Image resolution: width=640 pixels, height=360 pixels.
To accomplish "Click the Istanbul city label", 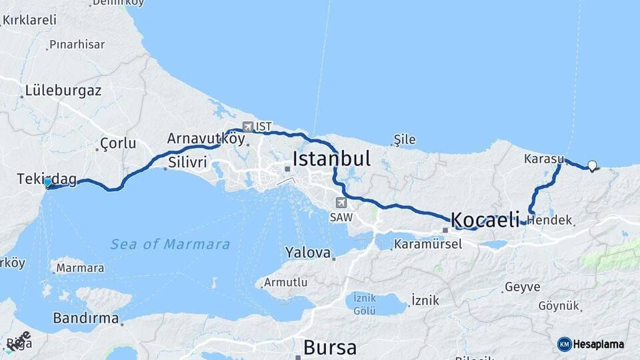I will click(x=331, y=159).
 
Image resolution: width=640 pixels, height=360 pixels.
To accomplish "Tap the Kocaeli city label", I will click(x=485, y=219).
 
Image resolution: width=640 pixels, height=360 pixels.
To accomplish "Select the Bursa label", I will click(x=329, y=347).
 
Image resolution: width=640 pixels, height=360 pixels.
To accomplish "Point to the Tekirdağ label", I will click(x=48, y=179).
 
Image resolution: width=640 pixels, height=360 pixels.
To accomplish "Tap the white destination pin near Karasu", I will click(x=591, y=166).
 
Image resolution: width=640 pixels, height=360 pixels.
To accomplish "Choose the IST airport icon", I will click(x=248, y=126).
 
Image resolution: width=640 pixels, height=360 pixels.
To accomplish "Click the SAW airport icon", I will click(x=341, y=203).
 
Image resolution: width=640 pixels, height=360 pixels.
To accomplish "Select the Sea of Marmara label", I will click(x=170, y=244).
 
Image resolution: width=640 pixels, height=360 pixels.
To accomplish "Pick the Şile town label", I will click(x=404, y=139).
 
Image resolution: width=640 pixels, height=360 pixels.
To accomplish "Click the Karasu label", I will click(x=543, y=159).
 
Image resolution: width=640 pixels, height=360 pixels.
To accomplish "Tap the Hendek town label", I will click(x=552, y=220).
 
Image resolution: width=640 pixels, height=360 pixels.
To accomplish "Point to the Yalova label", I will click(x=308, y=253).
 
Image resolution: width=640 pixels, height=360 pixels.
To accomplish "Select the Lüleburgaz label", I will click(x=63, y=91).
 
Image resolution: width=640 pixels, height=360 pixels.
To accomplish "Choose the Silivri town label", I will click(x=188, y=162).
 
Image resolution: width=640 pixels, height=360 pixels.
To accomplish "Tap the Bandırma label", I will click(x=85, y=318).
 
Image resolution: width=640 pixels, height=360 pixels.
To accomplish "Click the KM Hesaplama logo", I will click(x=591, y=344).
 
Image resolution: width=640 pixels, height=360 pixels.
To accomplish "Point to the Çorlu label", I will click(x=117, y=143).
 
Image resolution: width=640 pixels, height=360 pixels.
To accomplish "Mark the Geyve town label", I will click(x=522, y=287).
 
